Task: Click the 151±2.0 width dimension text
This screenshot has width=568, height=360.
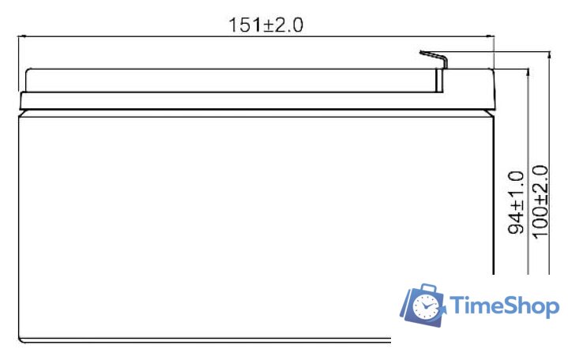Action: pyautogui.click(x=266, y=24)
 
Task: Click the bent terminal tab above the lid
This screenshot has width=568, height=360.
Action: pyautogui.click(x=433, y=57)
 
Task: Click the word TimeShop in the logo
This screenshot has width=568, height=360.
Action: pyautogui.click(x=506, y=306)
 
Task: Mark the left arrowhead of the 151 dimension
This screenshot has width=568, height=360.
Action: pyautogui.click(x=21, y=36)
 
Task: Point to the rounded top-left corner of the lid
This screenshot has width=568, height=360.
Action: pyautogui.click(x=29, y=71)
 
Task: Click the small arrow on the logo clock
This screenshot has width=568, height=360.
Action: pyautogui.click(x=444, y=314)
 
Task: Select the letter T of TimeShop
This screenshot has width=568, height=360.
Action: pyautogui.click(x=460, y=306)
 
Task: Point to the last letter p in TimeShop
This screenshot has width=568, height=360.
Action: pyautogui.click(x=552, y=309)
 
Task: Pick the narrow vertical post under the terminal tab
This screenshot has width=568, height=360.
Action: pyautogui.click(x=440, y=80)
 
